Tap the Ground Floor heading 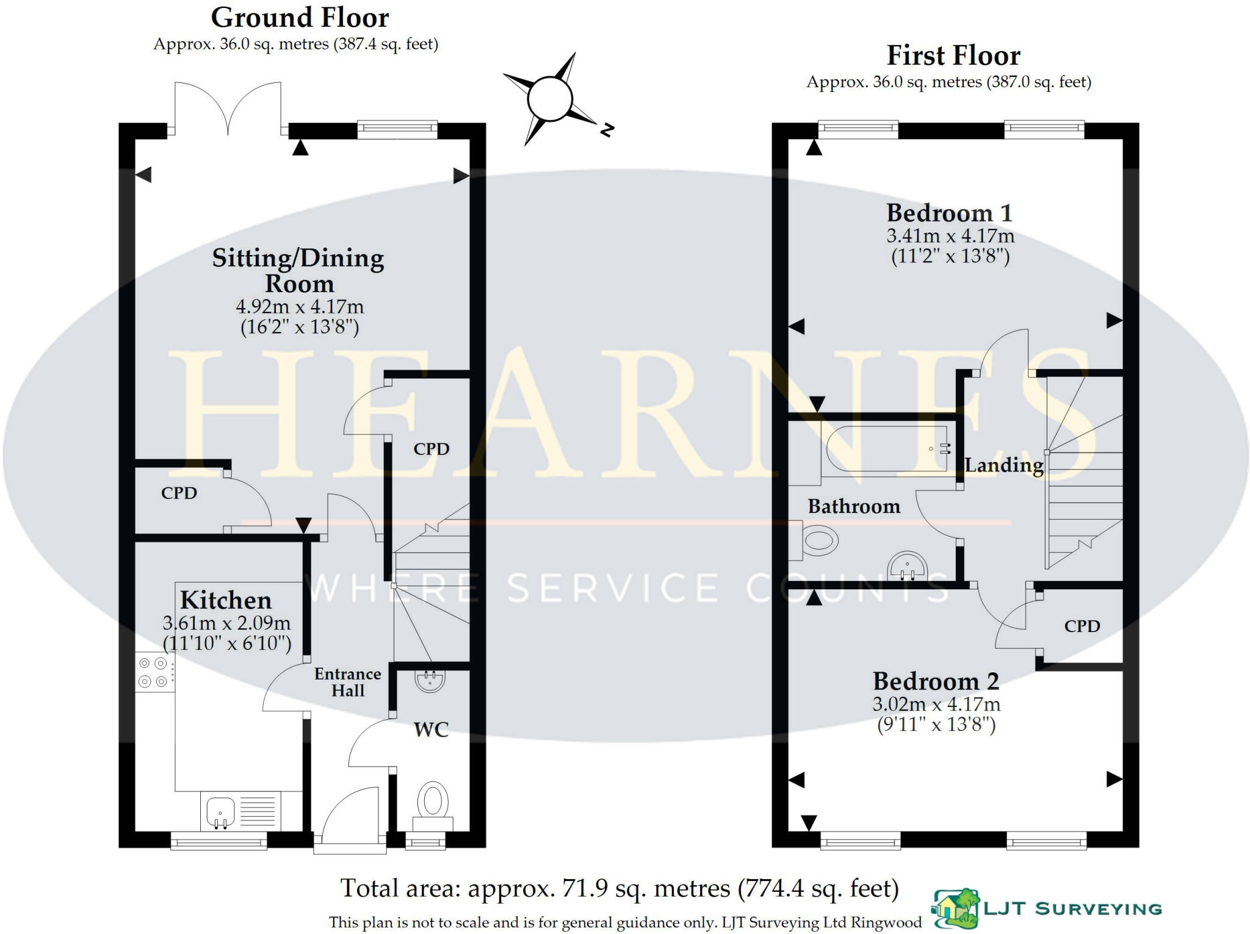pos(300,18)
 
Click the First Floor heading pos(953,56)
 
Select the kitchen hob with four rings pos(153,671)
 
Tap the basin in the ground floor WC pos(430,680)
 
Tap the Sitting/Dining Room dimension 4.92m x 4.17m pos(299,306)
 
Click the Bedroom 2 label pos(935,681)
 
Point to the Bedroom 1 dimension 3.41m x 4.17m pos(950,235)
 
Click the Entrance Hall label pos(347,682)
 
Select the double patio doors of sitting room pos(228,109)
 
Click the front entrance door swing pos(349,817)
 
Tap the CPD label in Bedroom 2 pos(1082,626)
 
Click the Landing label pos(1003,465)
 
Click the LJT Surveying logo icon pos(955,908)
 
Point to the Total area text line pos(619,888)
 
